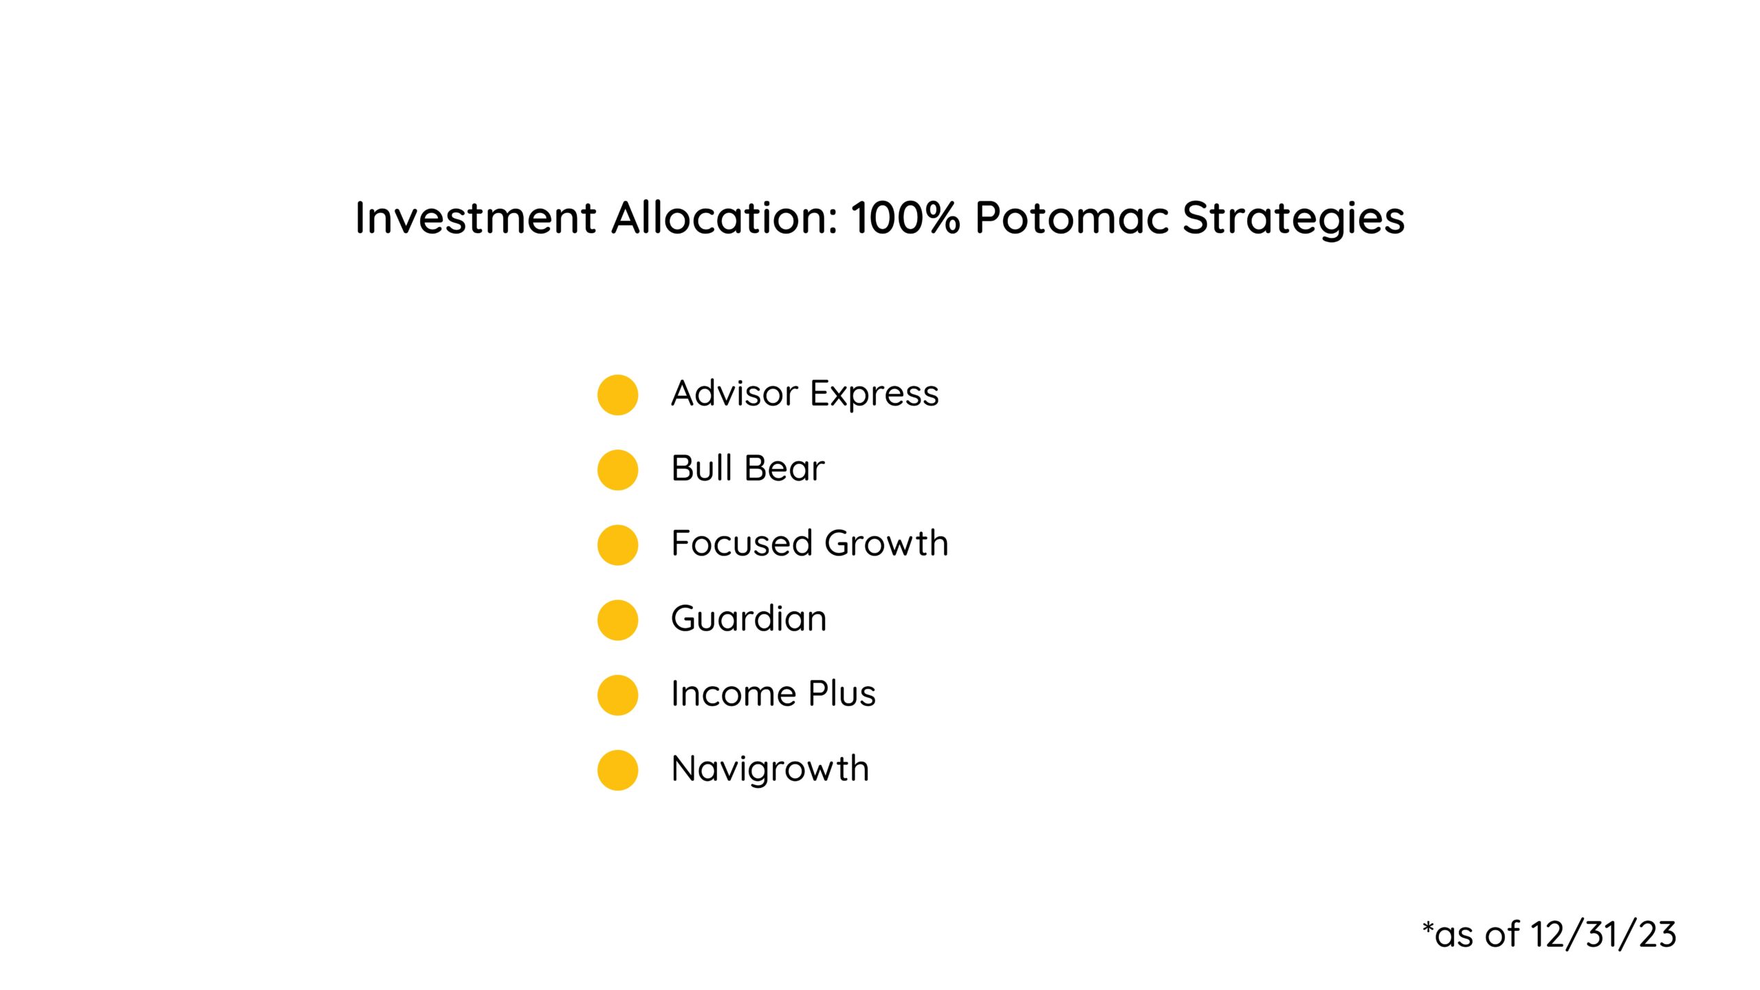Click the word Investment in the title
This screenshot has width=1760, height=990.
(475, 218)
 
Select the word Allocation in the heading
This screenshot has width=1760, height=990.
(725, 218)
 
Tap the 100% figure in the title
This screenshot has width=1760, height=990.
(905, 218)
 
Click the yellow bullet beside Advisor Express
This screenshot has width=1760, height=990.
(617, 395)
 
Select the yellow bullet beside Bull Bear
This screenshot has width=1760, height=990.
(617, 470)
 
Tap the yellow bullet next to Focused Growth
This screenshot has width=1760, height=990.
(617, 544)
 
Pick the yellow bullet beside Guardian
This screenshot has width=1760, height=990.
(617, 619)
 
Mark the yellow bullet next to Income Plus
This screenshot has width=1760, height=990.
(617, 694)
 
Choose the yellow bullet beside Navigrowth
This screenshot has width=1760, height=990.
(617, 769)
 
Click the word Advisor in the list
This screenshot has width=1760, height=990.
(734, 394)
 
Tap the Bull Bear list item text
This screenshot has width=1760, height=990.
(747, 469)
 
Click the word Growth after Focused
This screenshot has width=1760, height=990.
(886, 544)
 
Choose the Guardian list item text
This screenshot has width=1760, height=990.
(749, 619)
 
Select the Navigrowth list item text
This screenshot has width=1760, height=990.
(770, 769)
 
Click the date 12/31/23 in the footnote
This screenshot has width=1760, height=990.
(1603, 935)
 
